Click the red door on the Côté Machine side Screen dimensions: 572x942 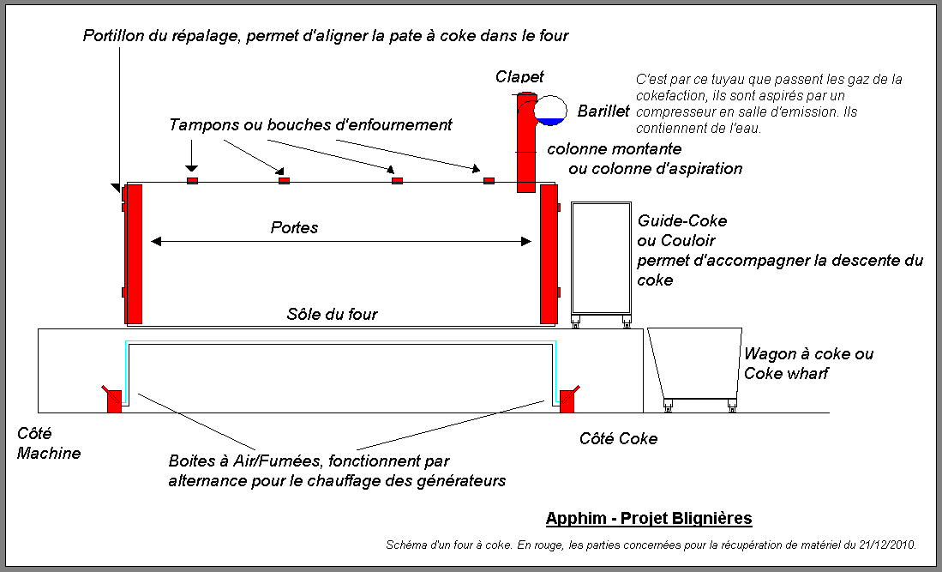point(134,254)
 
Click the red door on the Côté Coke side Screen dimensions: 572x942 point(549,254)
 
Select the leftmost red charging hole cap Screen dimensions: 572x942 point(192,181)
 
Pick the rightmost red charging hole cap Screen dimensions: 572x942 point(489,181)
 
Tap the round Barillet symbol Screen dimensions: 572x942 point(549,110)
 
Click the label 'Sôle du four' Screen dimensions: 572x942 point(332,314)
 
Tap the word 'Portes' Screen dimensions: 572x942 point(294,227)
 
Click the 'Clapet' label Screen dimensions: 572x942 point(519,77)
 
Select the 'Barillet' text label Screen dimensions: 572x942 point(603,111)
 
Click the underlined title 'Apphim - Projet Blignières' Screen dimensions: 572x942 point(649,518)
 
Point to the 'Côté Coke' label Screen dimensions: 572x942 point(618,438)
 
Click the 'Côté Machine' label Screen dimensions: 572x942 point(48,443)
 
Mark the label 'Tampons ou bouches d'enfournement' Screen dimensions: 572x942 point(310,125)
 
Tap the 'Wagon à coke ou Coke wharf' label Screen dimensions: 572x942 point(808,363)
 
